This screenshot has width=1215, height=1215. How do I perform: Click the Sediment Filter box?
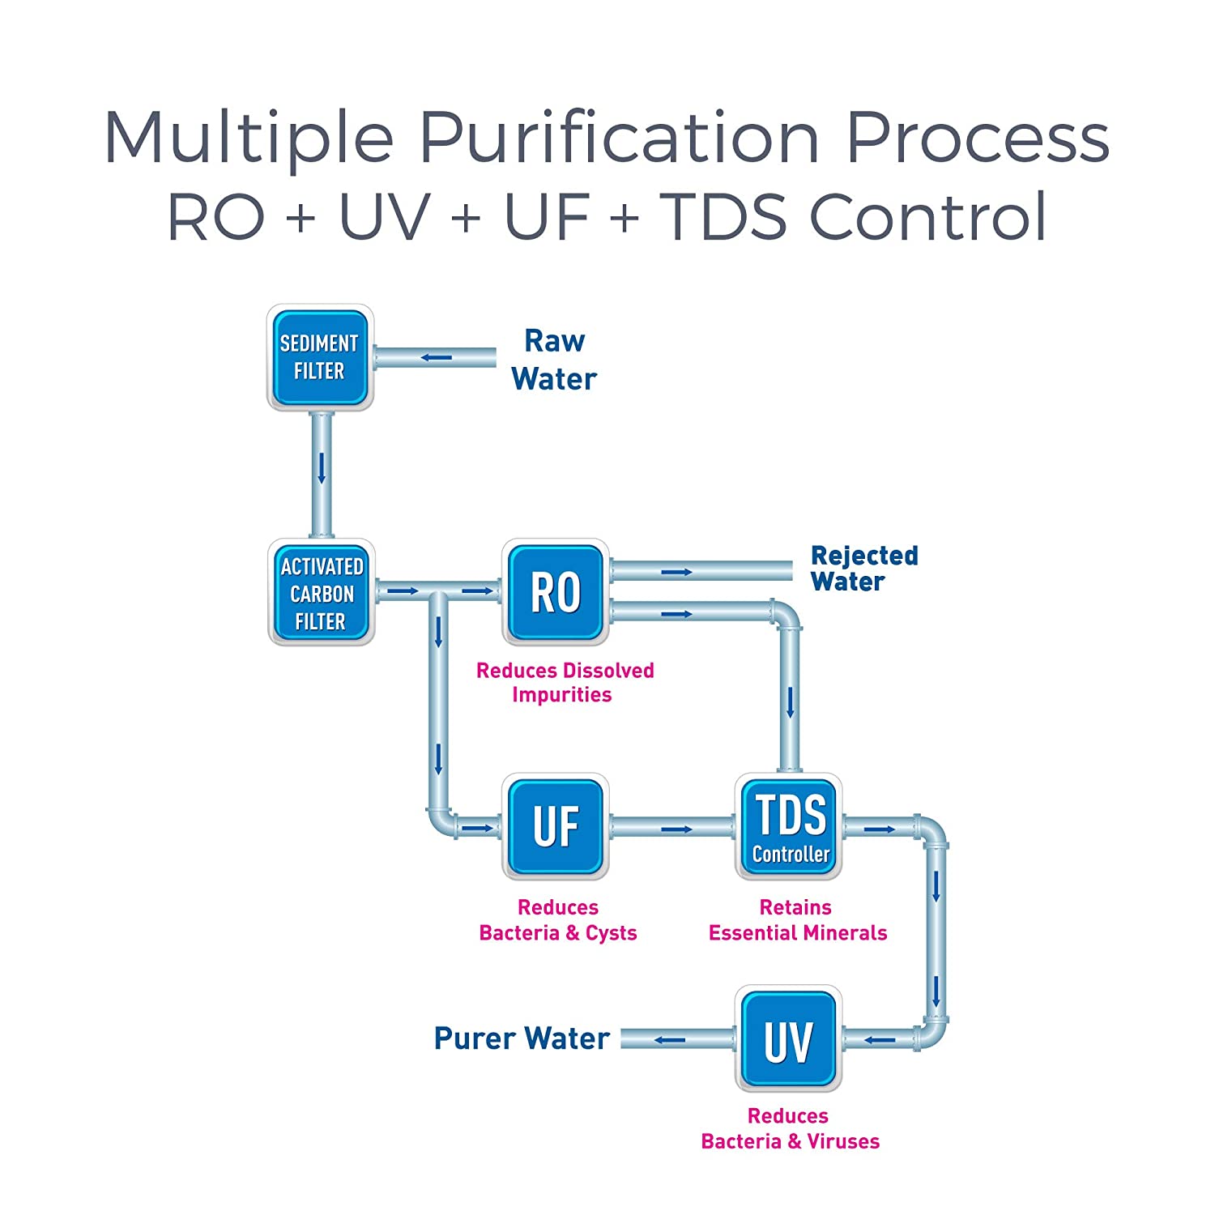pyautogui.click(x=320, y=357)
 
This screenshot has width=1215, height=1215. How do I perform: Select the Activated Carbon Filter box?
pyautogui.click(x=322, y=592)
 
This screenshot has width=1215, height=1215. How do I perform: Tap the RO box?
pyautogui.click(x=556, y=592)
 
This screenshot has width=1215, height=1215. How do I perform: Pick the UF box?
pyautogui.click(x=556, y=826)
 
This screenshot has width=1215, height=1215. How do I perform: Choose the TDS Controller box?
pyautogui.click(x=789, y=826)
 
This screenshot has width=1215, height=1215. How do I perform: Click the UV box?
pyautogui.click(x=789, y=1038)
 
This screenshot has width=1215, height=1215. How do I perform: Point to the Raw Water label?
pyautogui.click(x=554, y=360)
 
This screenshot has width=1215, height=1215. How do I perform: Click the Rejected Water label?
pyautogui.click(x=864, y=569)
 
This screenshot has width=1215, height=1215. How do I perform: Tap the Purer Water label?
pyautogui.click(x=522, y=1038)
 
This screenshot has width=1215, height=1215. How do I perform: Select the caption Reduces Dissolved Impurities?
pyautogui.click(x=565, y=682)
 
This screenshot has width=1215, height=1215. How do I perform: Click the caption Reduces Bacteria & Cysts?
pyautogui.click(x=558, y=920)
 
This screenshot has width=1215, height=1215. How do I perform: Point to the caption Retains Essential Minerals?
pyautogui.click(x=798, y=920)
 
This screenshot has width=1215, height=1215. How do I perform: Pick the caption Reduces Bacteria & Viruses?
pyautogui.click(x=790, y=1128)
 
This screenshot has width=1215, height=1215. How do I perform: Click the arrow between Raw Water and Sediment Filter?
pyautogui.click(x=437, y=357)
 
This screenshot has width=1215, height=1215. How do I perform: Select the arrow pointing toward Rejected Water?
pyautogui.click(x=677, y=572)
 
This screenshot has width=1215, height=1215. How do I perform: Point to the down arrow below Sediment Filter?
pyautogui.click(x=322, y=468)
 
